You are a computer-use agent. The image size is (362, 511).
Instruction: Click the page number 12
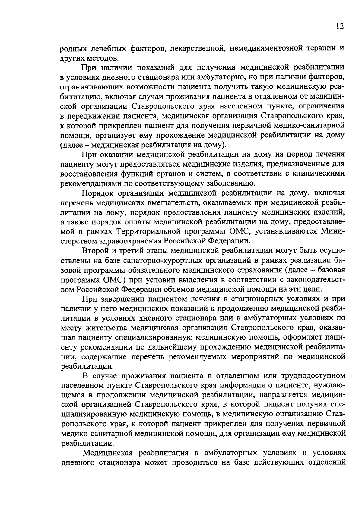coord(339,26)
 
